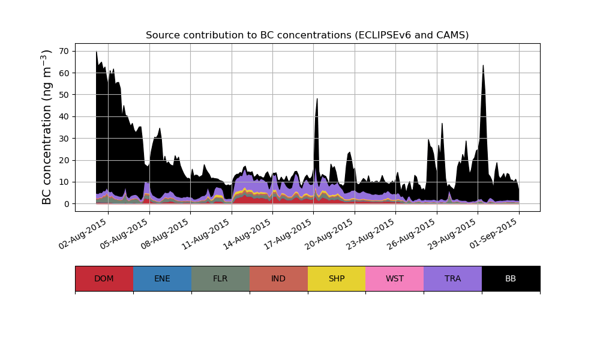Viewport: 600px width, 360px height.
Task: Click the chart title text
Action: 307,35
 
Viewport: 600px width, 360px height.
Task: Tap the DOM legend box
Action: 104,278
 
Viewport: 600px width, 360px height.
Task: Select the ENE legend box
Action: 162,278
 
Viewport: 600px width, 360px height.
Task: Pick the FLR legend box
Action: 220,278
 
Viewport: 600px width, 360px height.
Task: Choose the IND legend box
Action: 278,278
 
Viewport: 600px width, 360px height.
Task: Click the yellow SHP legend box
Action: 337,278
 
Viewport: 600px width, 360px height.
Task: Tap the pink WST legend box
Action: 395,278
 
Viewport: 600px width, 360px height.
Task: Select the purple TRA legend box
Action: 453,278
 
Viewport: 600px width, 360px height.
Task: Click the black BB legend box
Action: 511,278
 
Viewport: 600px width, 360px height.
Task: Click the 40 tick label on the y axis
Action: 64,116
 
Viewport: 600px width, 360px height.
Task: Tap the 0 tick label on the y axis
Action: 67,204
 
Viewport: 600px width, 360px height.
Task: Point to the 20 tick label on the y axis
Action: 64,160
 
